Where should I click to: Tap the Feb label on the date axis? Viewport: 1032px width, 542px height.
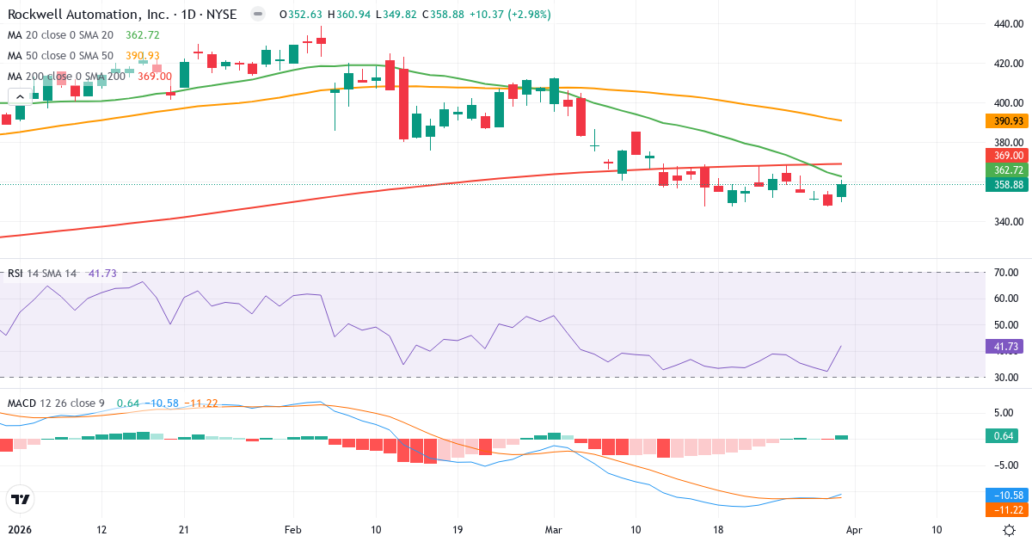294,530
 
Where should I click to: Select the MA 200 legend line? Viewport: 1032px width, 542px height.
67,76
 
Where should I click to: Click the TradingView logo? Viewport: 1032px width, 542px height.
20,499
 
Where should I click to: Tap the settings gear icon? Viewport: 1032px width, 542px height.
1011,530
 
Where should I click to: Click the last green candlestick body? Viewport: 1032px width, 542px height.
842,190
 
